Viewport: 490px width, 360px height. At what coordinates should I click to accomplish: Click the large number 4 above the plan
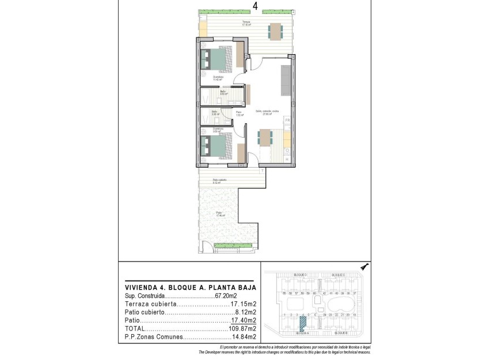255,6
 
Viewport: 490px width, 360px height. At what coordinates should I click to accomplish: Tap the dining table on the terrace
275,30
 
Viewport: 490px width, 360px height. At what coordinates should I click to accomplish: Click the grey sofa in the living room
286,81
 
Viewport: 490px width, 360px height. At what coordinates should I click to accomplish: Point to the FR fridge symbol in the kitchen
288,120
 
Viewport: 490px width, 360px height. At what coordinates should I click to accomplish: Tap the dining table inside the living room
265,138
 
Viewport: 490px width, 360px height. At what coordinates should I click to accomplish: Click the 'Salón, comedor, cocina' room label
268,111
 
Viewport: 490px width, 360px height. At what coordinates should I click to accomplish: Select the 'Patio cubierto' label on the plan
219,180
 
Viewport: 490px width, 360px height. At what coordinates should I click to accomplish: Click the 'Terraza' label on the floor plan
246,22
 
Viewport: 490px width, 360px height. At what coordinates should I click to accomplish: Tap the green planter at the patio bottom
233,245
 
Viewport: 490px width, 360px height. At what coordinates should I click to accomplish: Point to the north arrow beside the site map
364,266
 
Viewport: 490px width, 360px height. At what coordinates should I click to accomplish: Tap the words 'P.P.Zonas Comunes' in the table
154,337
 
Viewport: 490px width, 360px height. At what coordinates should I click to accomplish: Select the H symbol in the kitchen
287,159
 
